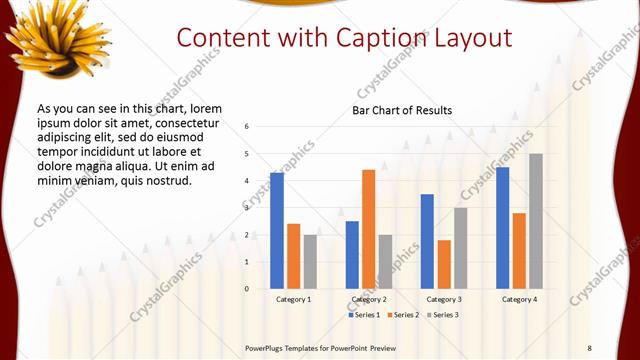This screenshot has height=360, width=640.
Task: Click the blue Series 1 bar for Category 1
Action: point(277,231)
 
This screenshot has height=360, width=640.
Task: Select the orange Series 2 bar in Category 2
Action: point(369,229)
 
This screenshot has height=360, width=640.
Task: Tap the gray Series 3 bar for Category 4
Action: point(536,221)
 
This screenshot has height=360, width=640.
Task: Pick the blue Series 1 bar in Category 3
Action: point(427,241)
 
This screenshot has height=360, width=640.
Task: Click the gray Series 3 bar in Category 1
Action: point(310,262)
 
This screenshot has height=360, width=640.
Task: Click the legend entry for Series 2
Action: point(402,315)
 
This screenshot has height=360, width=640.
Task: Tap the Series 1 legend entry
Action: point(364,315)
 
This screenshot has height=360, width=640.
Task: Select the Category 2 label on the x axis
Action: point(369,299)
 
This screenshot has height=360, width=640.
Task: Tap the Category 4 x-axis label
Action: point(519,299)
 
